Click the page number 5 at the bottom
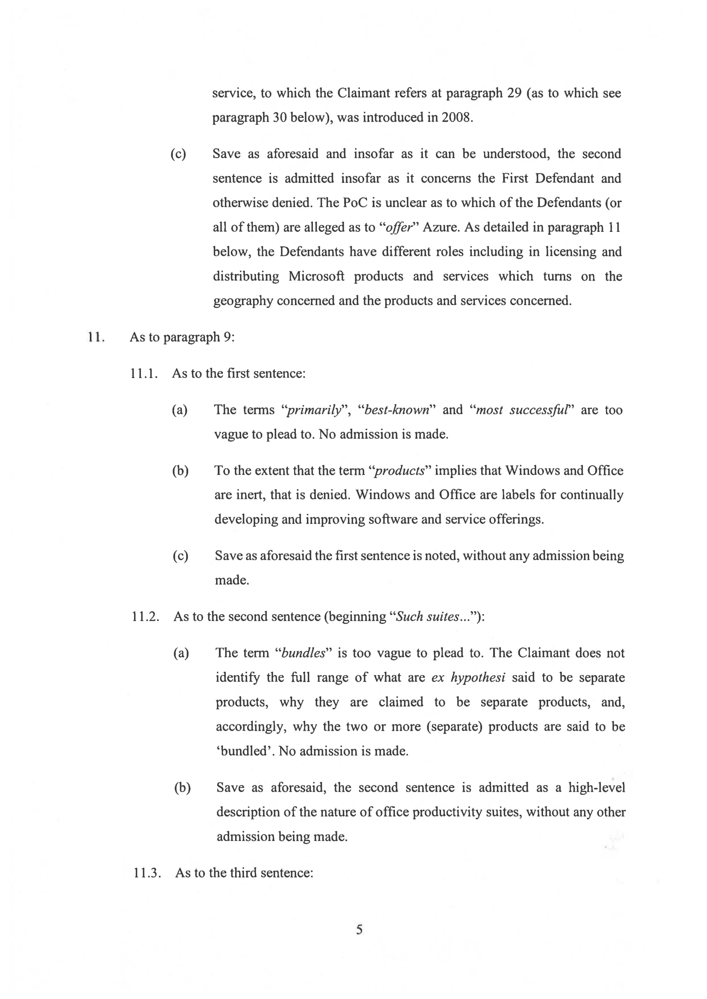[x=359, y=930]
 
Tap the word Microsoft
[x=316, y=276]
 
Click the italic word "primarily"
[x=313, y=410]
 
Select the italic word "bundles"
[x=304, y=653]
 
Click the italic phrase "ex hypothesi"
[x=468, y=677]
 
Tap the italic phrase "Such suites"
[x=427, y=617]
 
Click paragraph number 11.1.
[x=144, y=374]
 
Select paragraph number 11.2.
[x=146, y=617]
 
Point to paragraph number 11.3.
[x=147, y=873]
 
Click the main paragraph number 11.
[x=96, y=337]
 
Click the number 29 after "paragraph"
[x=514, y=93]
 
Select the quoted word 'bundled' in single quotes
[x=244, y=751]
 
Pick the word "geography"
[x=243, y=301]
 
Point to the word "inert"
[x=250, y=495]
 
